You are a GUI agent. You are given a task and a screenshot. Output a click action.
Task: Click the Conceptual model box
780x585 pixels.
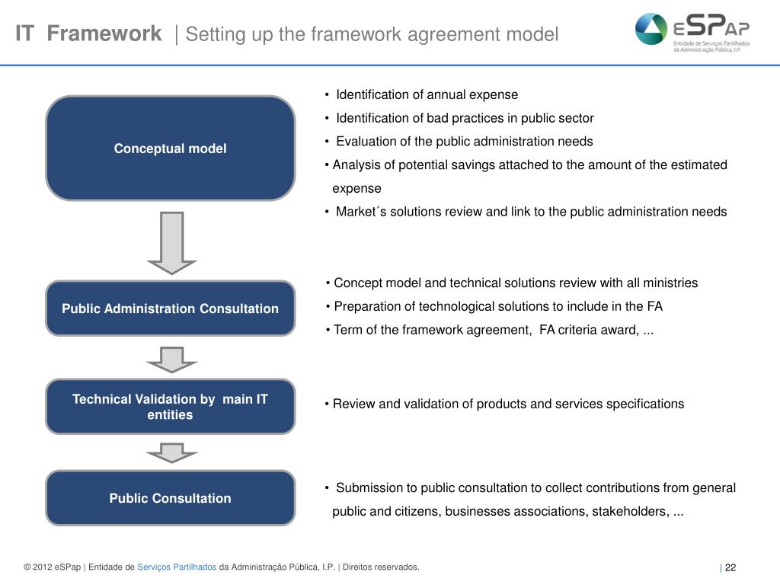point(170,149)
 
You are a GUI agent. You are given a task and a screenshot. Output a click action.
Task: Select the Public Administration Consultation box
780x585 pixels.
point(170,308)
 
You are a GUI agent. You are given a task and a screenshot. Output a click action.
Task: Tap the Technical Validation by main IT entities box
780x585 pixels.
point(170,407)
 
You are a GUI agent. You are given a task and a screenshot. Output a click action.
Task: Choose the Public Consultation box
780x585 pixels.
point(170,498)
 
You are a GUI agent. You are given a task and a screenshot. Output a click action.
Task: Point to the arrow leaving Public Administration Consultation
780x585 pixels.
point(172,359)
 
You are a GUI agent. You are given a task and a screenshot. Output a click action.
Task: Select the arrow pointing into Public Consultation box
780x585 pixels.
point(172,452)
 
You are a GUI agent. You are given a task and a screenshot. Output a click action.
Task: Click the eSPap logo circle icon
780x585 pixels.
point(651,30)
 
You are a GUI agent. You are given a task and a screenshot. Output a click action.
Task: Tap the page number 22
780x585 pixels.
point(730,567)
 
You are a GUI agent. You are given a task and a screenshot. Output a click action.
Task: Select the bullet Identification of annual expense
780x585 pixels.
point(427,94)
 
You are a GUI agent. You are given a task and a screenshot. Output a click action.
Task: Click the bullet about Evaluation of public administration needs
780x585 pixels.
point(464,142)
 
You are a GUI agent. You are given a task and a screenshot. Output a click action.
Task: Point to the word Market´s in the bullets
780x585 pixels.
point(363,212)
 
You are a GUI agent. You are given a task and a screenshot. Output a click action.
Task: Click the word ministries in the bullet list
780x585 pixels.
point(671,283)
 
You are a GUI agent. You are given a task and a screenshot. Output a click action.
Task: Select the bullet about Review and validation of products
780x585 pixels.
point(508,404)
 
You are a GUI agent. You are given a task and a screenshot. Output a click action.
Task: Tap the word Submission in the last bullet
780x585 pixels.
point(368,487)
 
